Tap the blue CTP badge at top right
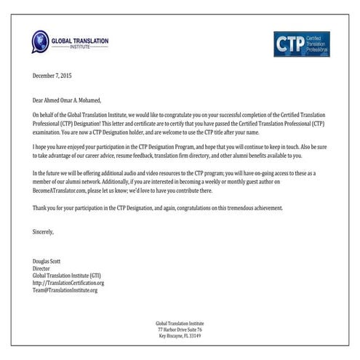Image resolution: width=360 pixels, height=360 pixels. click(x=301, y=44)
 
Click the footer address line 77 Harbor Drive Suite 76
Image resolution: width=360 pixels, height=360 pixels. click(x=179, y=329)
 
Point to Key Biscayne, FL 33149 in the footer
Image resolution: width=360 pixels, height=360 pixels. click(x=179, y=336)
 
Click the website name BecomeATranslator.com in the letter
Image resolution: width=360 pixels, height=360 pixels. click(x=65, y=193)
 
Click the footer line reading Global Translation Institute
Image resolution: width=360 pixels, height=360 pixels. click(x=179, y=323)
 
